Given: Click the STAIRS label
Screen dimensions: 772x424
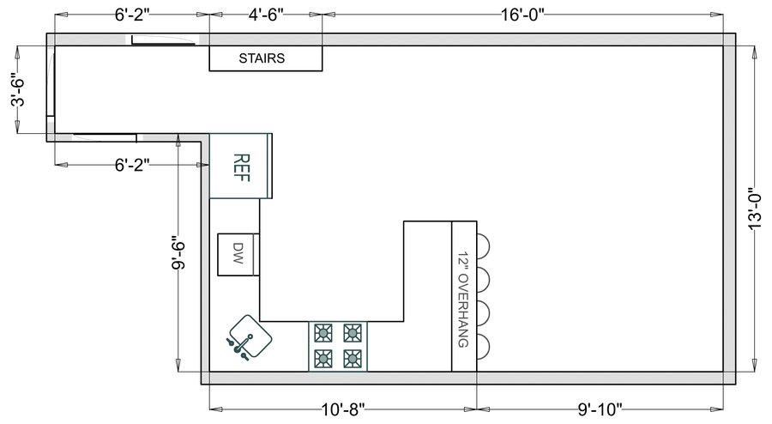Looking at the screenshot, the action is click(x=262, y=58).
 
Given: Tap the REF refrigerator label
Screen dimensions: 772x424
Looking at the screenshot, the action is click(x=241, y=167).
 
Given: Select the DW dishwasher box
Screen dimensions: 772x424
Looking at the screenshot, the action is click(x=238, y=255).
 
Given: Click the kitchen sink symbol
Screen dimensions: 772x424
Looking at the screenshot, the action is click(x=249, y=337).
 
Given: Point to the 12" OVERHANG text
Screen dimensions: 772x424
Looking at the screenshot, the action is click(x=463, y=300).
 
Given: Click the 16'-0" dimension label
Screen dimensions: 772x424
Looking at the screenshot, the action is click(x=522, y=15).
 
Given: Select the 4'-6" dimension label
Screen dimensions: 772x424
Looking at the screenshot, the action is click(x=266, y=15).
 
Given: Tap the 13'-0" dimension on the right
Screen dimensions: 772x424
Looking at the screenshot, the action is click(x=754, y=209).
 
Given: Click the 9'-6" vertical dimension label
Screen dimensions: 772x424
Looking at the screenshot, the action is click(x=178, y=255).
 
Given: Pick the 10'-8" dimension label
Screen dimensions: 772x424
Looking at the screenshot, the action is click(x=343, y=409).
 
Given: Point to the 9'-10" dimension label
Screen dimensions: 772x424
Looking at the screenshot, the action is click(x=600, y=409).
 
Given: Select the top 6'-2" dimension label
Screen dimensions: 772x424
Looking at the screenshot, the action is click(x=132, y=15).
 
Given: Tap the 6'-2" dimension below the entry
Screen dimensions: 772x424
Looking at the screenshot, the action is click(x=132, y=165).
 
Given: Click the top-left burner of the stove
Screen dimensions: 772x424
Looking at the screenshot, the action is click(x=323, y=333).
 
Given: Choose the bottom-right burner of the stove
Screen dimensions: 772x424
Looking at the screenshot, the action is click(x=353, y=359).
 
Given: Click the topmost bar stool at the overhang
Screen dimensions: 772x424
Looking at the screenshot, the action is click(x=483, y=245).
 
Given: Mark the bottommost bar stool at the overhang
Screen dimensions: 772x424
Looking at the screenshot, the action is click(x=483, y=346).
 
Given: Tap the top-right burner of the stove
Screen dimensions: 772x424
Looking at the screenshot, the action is click(x=353, y=333).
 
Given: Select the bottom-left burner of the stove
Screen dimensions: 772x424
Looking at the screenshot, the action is click(x=323, y=359).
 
